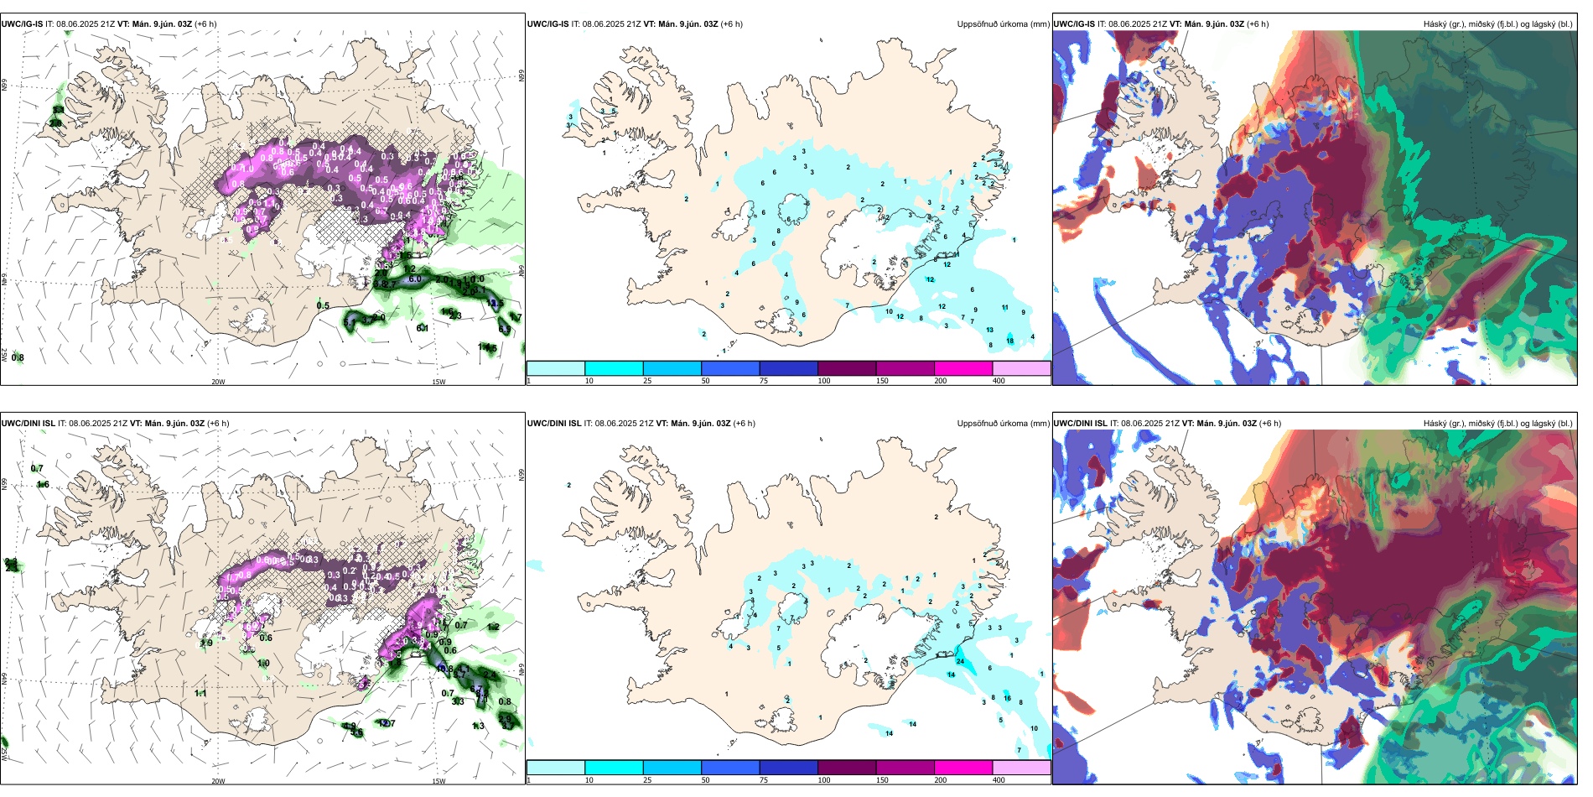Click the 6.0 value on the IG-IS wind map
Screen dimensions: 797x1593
(415, 279)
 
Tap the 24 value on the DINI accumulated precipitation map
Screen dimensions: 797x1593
(960, 662)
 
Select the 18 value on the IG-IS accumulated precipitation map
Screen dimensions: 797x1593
(1010, 341)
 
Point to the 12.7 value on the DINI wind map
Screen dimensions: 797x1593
(387, 723)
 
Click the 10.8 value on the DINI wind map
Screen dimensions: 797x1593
(445, 669)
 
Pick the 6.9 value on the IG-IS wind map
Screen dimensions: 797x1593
(381, 284)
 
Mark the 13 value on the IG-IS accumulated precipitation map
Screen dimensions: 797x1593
(990, 331)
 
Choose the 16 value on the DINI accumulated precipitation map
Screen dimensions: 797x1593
(1007, 698)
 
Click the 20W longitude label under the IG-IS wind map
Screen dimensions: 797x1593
(218, 382)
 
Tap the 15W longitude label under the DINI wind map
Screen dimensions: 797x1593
(438, 781)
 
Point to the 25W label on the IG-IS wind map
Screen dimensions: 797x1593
(4, 355)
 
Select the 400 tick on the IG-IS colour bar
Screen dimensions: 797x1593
(999, 381)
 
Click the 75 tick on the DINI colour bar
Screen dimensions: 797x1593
(764, 780)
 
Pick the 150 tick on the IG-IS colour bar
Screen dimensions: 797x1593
(882, 381)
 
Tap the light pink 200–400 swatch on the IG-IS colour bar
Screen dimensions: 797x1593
(1021, 368)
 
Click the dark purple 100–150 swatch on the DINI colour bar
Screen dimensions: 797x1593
(847, 768)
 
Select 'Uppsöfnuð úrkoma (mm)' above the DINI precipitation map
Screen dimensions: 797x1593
(1003, 424)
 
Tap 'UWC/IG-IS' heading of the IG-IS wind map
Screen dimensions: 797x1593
(22, 24)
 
